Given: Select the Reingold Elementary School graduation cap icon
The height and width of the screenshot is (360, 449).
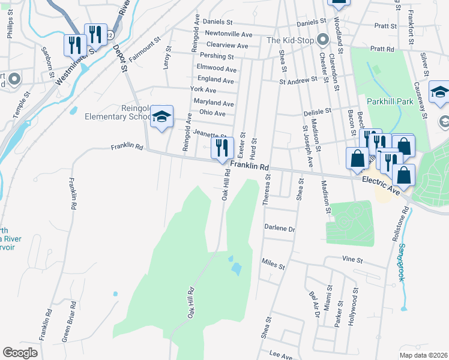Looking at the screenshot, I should pos(161,118).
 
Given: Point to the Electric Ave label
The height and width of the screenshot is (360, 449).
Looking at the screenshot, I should pos(381,184).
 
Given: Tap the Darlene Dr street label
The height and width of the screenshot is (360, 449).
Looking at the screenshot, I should pos(280,229).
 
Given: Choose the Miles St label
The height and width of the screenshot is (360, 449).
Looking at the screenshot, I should pos(273,262).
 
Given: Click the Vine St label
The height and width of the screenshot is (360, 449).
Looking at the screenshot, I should pos(353,260).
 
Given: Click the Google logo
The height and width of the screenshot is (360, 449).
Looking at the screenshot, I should pos(20,353).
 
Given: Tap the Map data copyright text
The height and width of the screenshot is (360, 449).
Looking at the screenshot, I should pos(424,355).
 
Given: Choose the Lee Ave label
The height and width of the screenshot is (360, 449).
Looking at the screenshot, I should pos(276,355).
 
